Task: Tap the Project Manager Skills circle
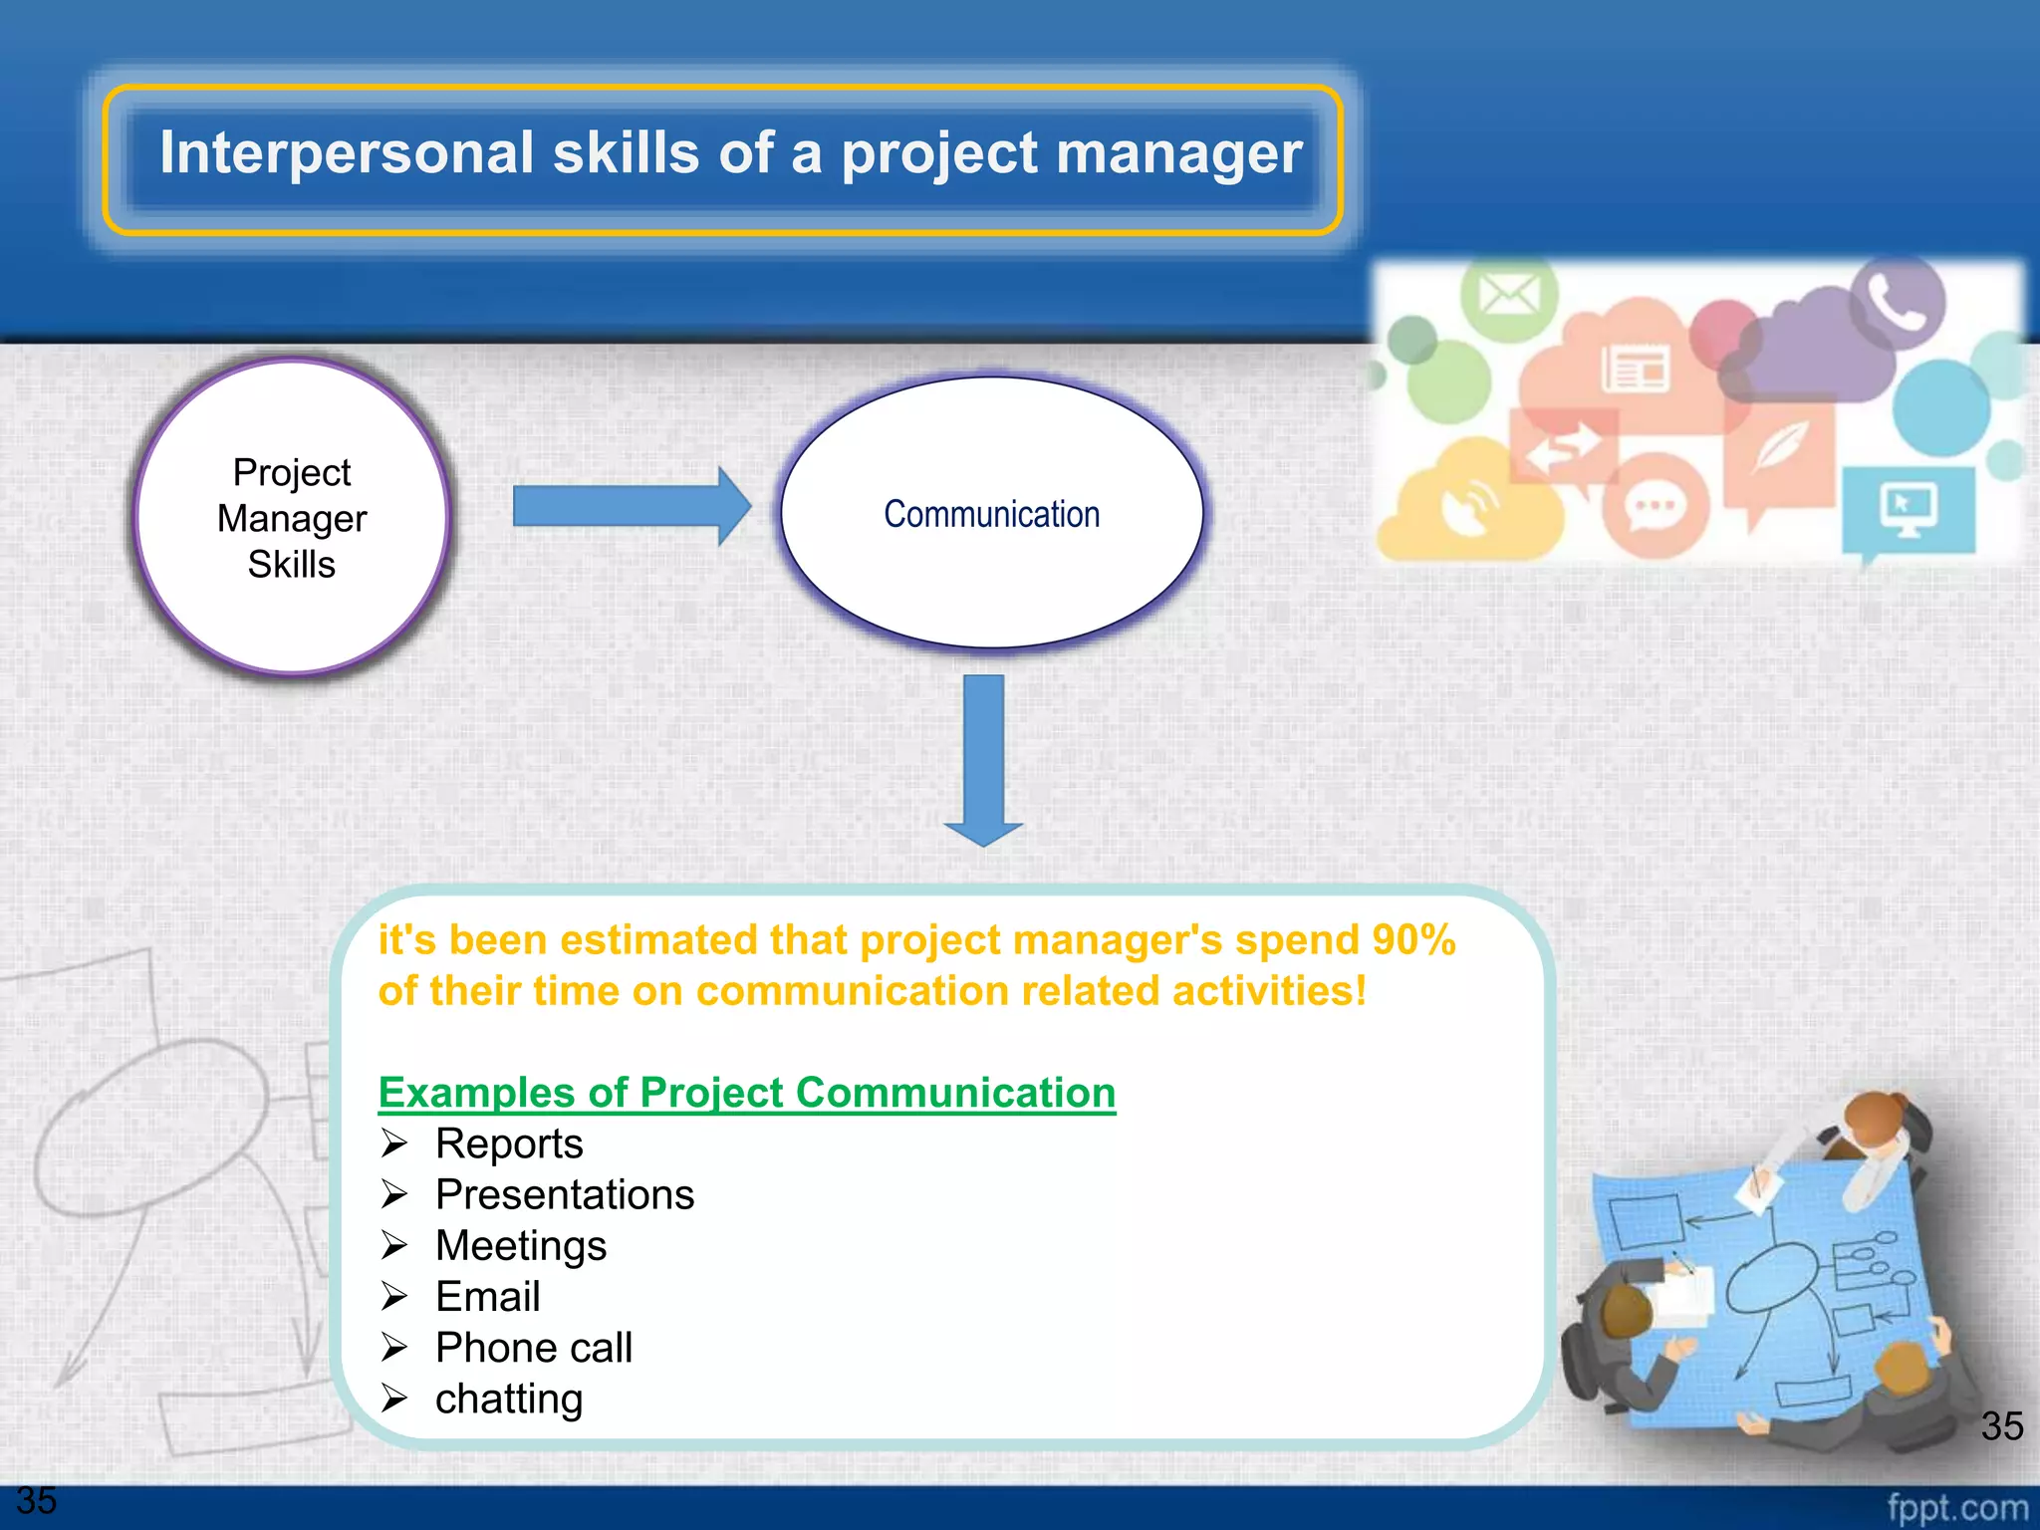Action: point(291,518)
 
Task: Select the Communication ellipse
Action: point(991,514)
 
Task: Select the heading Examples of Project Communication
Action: point(747,1093)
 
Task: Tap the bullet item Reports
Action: point(509,1144)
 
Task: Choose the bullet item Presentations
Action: point(565,1194)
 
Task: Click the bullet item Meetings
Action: point(521,1245)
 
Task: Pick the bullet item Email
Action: point(488,1297)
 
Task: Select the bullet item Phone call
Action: point(534,1348)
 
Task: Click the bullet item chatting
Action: point(509,1399)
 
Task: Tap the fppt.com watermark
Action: point(1956,1507)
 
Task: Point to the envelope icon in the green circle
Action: point(1508,295)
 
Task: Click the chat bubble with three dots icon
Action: point(1655,506)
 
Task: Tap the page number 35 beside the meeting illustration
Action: point(2001,1426)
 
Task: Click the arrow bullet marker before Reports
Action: point(394,1144)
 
